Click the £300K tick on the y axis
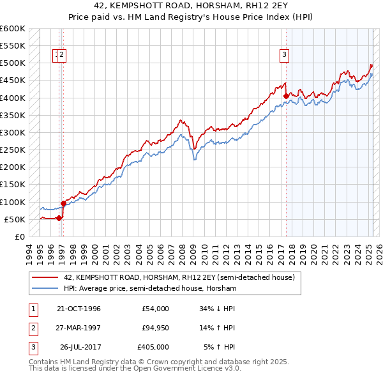pyautogui.click(x=12, y=132)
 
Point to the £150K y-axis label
pyautogui.click(x=12, y=185)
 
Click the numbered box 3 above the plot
pyautogui.click(x=283, y=55)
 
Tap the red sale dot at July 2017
pyautogui.click(x=285, y=96)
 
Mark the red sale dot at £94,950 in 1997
pyautogui.click(x=63, y=204)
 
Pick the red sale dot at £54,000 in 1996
pyautogui.click(x=59, y=218)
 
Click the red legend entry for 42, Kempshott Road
pyautogui.click(x=179, y=278)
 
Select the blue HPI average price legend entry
pyautogui.click(x=150, y=289)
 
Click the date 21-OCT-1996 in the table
pyautogui.click(x=79, y=309)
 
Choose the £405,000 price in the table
pyautogui.click(x=153, y=347)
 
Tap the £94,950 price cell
pyautogui.click(x=153, y=328)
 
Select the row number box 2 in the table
pyautogui.click(x=31, y=328)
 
